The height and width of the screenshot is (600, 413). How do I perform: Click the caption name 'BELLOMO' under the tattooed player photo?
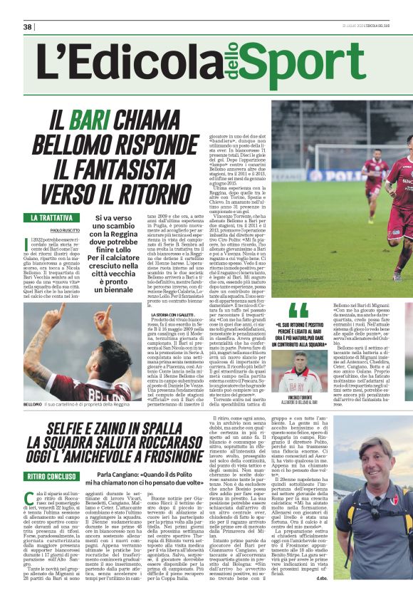tap(34, 405)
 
